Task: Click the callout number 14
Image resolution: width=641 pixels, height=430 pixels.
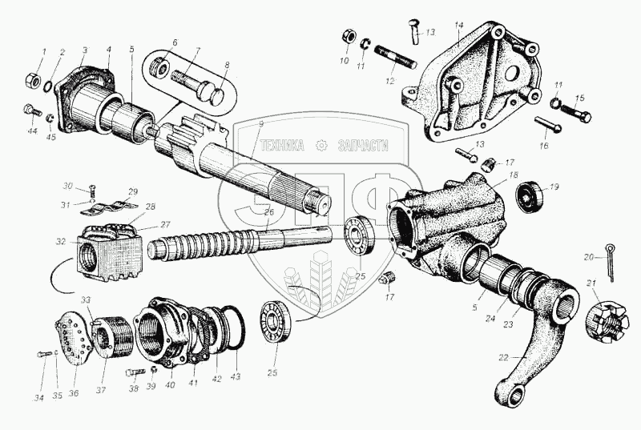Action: pos(459,26)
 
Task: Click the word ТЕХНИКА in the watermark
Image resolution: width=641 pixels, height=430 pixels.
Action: pos(283,146)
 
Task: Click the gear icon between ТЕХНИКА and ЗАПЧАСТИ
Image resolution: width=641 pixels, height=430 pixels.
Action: pos(322,146)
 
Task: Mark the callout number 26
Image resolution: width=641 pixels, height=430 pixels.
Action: pos(269,214)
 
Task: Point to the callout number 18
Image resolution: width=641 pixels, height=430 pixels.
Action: pos(513,175)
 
